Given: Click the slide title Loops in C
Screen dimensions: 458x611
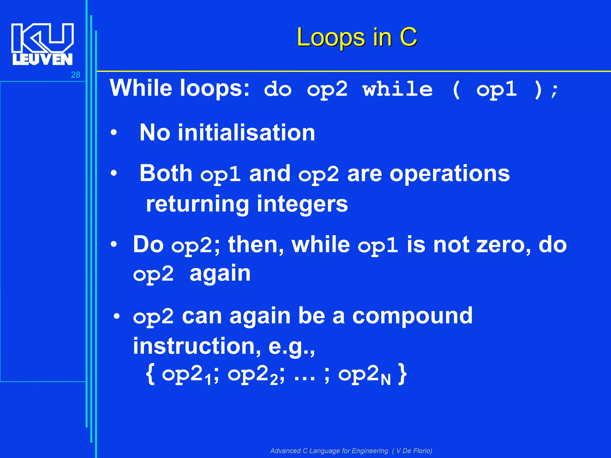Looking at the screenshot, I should (x=357, y=37).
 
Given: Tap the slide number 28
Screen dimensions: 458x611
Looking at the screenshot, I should (x=75, y=75).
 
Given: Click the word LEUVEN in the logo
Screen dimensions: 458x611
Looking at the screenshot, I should (x=42, y=59).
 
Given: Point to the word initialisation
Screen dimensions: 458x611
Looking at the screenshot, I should (x=246, y=133).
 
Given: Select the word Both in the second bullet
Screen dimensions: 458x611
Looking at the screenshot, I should (x=166, y=173).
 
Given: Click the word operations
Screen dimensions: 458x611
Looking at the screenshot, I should (x=450, y=174).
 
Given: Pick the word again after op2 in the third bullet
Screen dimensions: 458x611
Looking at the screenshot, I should (x=220, y=273).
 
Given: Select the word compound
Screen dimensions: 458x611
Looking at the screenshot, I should (x=412, y=316).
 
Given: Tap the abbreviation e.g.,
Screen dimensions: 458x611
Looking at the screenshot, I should (x=291, y=347).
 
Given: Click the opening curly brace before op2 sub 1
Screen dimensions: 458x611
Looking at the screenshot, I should (x=150, y=375).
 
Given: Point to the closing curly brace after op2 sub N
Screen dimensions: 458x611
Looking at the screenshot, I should (x=402, y=375).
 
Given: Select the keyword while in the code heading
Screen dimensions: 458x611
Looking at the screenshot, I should (x=398, y=89).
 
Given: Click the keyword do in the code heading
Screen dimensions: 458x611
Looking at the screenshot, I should (x=277, y=89).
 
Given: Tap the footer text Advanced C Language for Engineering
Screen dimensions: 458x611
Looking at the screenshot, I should (x=329, y=451).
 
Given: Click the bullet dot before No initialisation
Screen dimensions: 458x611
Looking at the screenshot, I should (x=114, y=133).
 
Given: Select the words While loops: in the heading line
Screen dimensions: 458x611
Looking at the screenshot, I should (x=180, y=88).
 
